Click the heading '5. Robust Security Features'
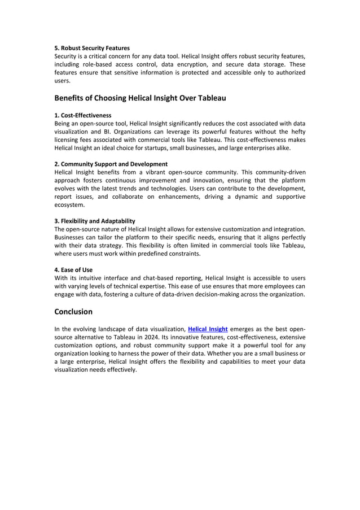pyautogui.click(x=91, y=48)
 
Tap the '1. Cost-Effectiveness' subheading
pyautogui.click(x=82, y=115)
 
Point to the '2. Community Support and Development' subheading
pyautogui.click(x=111, y=164)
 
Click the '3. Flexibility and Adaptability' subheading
pyautogui.click(x=94, y=221)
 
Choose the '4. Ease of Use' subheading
pyautogui.click(x=73, y=270)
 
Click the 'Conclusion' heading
pyautogui.click(x=73, y=312)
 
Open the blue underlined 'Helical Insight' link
pyautogui.click(x=208, y=328)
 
